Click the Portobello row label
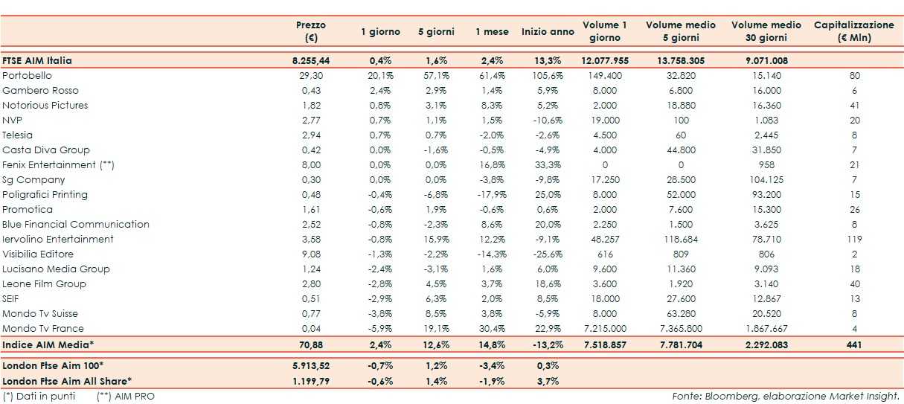(27, 76)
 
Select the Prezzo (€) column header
(310, 31)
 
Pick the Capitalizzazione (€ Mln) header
(853, 31)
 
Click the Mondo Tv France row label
(43, 329)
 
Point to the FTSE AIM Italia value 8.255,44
(311, 60)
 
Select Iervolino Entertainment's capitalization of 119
(854, 240)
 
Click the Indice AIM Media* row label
(42, 345)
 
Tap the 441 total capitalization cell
(854, 345)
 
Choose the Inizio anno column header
(548, 32)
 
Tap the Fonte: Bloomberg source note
(786, 396)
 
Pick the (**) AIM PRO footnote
(126, 396)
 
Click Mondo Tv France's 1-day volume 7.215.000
(605, 329)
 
